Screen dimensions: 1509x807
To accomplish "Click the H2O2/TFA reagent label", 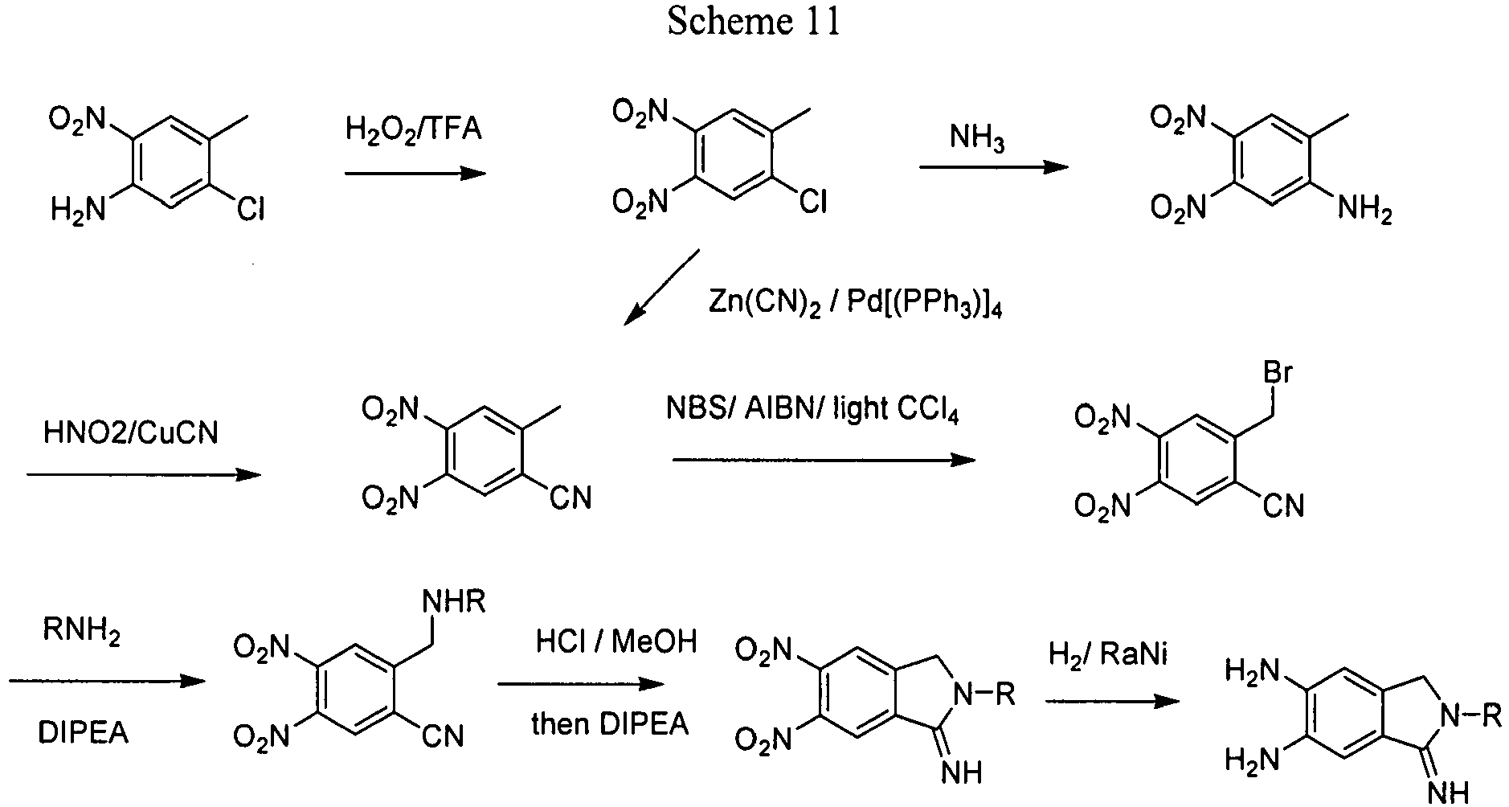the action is click(x=414, y=129).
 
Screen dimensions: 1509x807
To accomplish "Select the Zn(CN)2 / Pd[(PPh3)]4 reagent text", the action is click(x=855, y=304).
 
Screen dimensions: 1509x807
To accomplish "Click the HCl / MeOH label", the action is click(x=616, y=643).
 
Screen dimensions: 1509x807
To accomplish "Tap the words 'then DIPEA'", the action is click(x=610, y=724).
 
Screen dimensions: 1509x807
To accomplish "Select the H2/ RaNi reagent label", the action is click(x=1108, y=656).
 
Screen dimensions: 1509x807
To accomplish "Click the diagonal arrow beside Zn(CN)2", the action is click(x=661, y=287).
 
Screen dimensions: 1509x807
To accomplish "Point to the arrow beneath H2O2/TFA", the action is click(x=415, y=173).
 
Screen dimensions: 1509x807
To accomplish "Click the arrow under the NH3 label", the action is click(x=994, y=167).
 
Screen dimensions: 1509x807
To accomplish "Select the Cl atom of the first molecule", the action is click(x=251, y=211).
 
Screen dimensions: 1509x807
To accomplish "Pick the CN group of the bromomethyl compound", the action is click(x=1283, y=506).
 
